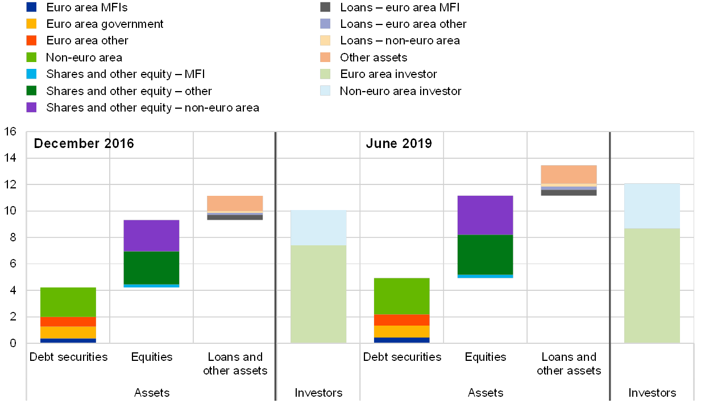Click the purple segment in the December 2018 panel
151,235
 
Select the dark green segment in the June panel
485,254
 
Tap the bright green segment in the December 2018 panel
68,302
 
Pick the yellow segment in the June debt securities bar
401,331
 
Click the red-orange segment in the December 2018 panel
68,322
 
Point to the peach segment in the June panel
568,175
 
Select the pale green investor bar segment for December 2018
318,294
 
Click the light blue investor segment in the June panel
652,205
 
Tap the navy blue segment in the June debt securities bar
401,340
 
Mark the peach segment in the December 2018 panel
235,203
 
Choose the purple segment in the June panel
485,215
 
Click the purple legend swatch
31,107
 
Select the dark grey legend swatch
325,7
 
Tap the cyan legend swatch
31,74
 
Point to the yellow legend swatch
31,24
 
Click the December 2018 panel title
85,143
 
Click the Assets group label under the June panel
485,393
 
